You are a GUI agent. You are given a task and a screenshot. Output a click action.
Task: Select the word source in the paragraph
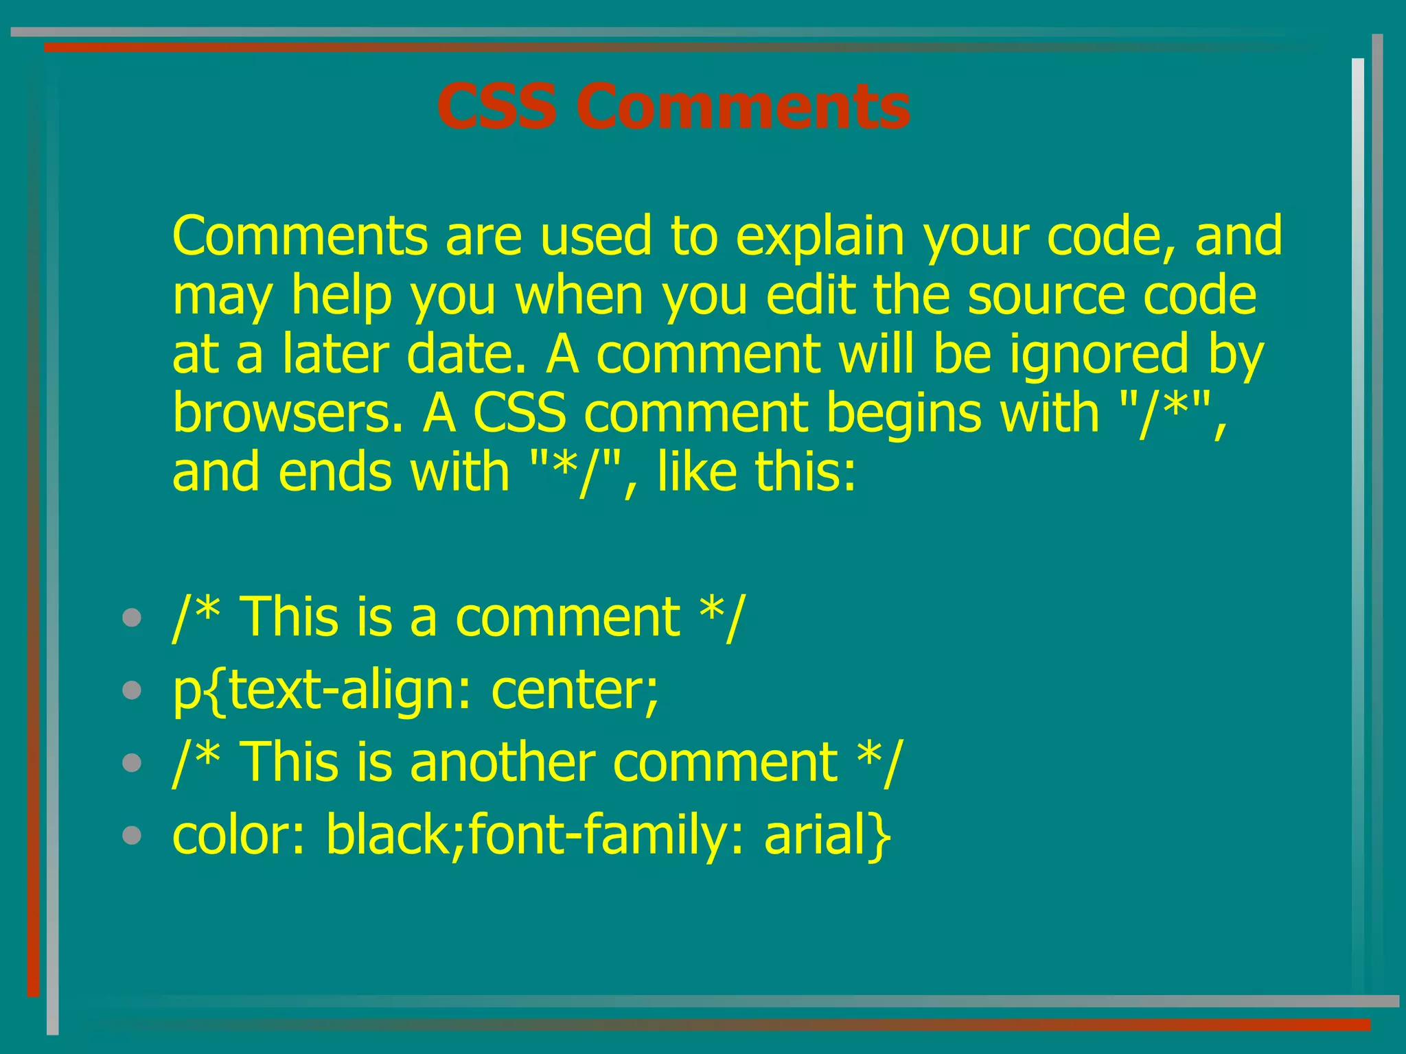click(x=1046, y=296)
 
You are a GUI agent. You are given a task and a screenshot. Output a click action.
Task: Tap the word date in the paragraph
click(x=467, y=355)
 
